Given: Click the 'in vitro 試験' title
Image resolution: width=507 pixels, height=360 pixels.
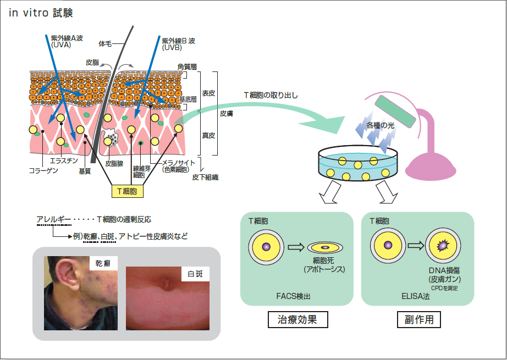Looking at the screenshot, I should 41,13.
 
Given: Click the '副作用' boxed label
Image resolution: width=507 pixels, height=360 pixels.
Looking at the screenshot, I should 418,319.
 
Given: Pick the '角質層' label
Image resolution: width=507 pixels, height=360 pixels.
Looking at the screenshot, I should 186,67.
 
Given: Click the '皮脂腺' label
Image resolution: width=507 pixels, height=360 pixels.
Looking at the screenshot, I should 115,164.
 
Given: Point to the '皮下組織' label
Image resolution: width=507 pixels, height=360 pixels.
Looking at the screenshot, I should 205,177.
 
